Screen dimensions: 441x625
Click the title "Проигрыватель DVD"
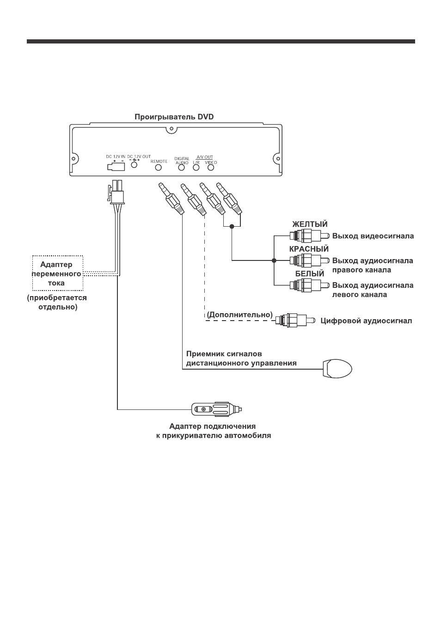click(x=174, y=117)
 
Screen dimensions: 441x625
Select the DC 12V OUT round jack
click(x=135, y=164)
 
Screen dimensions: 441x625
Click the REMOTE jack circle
click(x=159, y=167)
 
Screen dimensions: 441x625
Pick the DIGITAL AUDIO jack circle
click(x=182, y=167)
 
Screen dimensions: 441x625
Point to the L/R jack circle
click(x=196, y=167)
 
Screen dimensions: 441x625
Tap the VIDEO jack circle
click(x=211, y=167)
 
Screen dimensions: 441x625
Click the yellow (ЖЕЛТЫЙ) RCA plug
click(x=309, y=236)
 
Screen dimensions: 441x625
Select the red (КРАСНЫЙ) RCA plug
click(x=309, y=260)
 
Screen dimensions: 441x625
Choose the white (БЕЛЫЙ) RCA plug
click(x=309, y=285)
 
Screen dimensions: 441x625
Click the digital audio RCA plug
click(x=295, y=321)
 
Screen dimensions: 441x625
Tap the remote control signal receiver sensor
click(x=337, y=369)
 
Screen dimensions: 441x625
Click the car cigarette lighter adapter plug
click(x=217, y=409)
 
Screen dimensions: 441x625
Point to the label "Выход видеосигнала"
click(x=373, y=236)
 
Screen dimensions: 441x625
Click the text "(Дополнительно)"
click(x=239, y=315)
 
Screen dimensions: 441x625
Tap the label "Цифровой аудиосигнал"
click(x=366, y=321)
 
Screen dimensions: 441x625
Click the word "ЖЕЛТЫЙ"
click(x=310, y=224)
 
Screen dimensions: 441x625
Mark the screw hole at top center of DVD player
click(x=171, y=130)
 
